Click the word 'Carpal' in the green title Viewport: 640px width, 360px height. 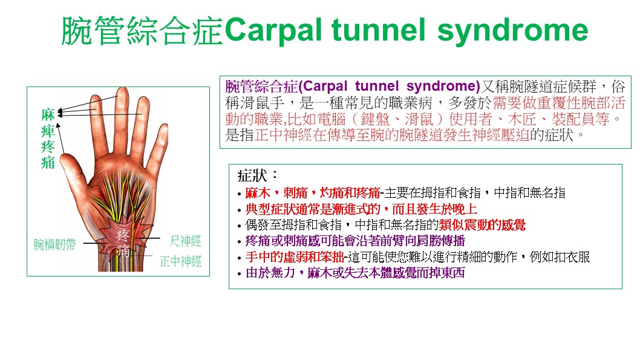[x=275, y=31]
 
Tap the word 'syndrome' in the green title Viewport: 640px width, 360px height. [x=512, y=31]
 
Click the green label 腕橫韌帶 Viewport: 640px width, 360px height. [x=54, y=244]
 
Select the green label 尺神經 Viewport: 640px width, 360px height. [x=185, y=241]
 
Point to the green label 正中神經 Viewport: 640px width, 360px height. [x=180, y=261]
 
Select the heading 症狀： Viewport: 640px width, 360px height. [x=258, y=175]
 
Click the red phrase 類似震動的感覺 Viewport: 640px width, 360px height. [x=483, y=225]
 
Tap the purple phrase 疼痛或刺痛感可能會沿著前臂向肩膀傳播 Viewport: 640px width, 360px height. [x=355, y=241]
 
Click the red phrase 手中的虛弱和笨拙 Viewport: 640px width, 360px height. [x=295, y=257]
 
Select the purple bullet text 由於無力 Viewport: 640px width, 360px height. [x=270, y=273]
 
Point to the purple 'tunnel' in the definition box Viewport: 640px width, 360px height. [x=376, y=86]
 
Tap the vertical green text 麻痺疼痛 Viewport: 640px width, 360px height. [x=48, y=139]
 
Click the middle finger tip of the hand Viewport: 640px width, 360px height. [x=122, y=91]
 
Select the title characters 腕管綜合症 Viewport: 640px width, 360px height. [x=142, y=31]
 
